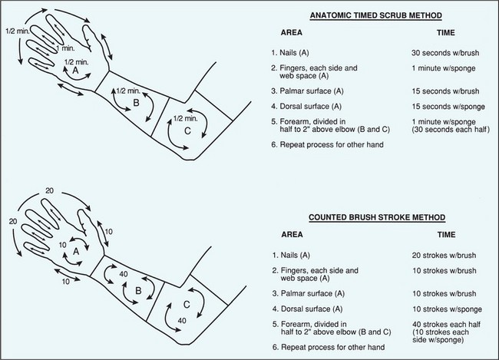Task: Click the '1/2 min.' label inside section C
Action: click(185, 116)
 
